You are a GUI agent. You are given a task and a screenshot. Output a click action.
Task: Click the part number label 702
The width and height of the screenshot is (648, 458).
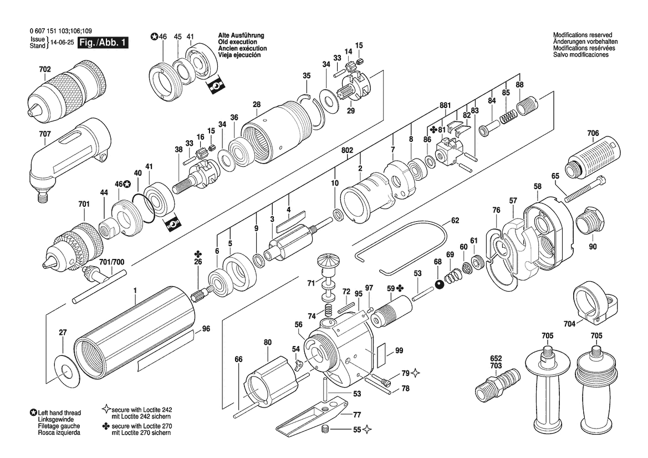click(x=45, y=69)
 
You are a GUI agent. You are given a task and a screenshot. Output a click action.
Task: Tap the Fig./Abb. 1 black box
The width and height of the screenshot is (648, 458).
click(x=103, y=43)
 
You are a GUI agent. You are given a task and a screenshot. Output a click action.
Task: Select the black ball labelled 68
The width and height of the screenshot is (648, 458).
click(x=438, y=284)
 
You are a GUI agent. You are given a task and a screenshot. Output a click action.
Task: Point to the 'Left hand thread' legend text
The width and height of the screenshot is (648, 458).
click(x=59, y=413)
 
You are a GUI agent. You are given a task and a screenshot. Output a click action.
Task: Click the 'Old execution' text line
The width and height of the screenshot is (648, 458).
click(x=239, y=42)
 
